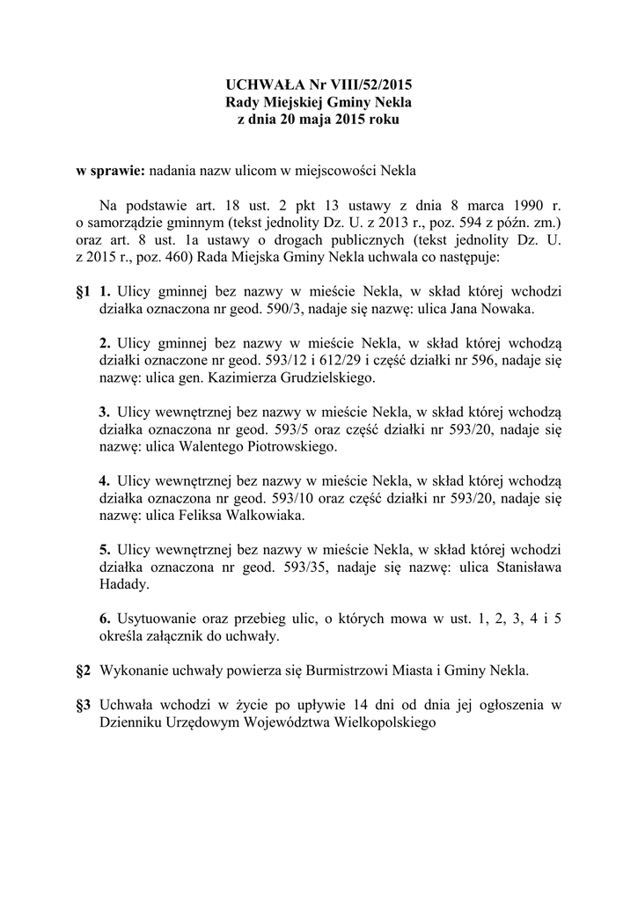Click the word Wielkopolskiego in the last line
(382, 722)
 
